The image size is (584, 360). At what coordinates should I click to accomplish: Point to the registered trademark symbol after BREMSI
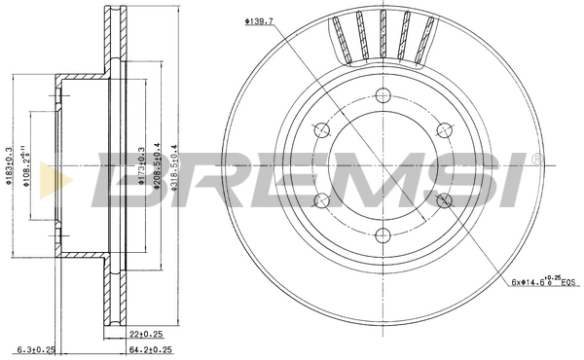(535, 157)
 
